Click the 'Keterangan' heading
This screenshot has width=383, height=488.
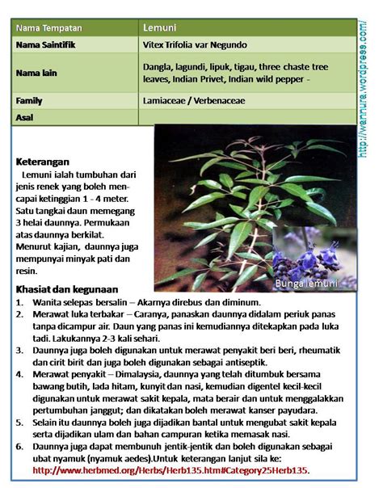[42, 161]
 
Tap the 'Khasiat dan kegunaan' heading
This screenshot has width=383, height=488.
[67, 288]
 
